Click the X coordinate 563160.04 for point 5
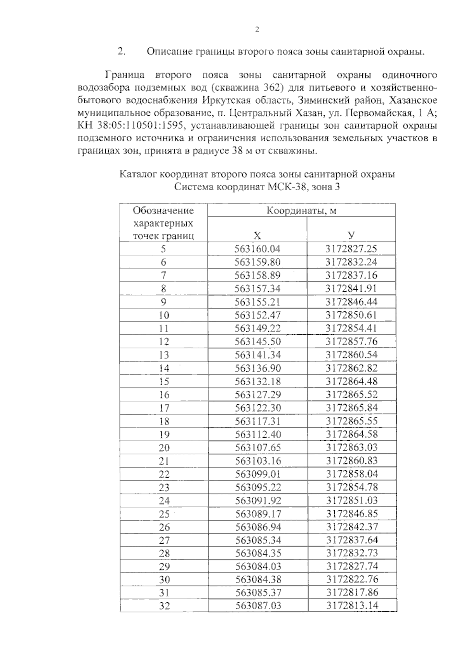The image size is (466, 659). [x=257, y=249]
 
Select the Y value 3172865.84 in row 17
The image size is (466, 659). [x=352, y=408]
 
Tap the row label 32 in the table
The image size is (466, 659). [x=164, y=606]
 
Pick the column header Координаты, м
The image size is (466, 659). [x=301, y=210]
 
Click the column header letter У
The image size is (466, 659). [x=351, y=235]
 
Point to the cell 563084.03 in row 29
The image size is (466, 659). [x=258, y=566]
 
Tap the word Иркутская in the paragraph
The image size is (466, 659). [x=223, y=101]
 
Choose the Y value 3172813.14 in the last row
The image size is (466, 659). [x=352, y=606]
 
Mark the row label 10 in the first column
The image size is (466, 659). [x=164, y=315]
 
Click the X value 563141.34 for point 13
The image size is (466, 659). [x=257, y=355]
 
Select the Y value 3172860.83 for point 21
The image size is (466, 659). [x=352, y=461]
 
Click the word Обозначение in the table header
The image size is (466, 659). [x=163, y=210]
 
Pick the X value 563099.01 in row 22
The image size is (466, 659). [x=258, y=474]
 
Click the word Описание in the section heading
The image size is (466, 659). [x=170, y=52]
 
